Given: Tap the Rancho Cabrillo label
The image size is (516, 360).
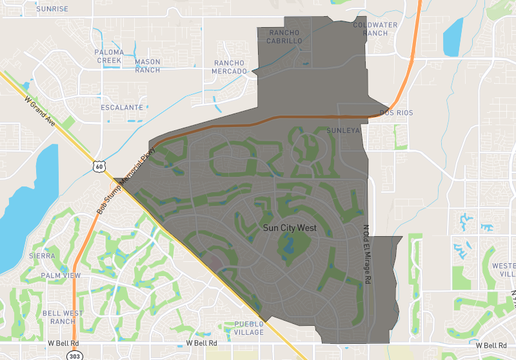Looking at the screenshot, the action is pyautogui.click(x=285, y=37).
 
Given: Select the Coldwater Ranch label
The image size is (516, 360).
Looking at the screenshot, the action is pyautogui.click(x=371, y=29).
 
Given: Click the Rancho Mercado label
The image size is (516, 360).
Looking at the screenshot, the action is pyautogui.click(x=230, y=66).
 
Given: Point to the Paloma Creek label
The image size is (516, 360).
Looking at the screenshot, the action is pyautogui.click(x=108, y=55).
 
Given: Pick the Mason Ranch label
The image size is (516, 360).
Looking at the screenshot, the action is pyautogui.click(x=148, y=66).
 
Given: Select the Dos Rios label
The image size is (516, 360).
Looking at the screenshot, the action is pyautogui.click(x=396, y=113).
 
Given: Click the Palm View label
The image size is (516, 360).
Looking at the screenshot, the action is pyautogui.click(x=61, y=275).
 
